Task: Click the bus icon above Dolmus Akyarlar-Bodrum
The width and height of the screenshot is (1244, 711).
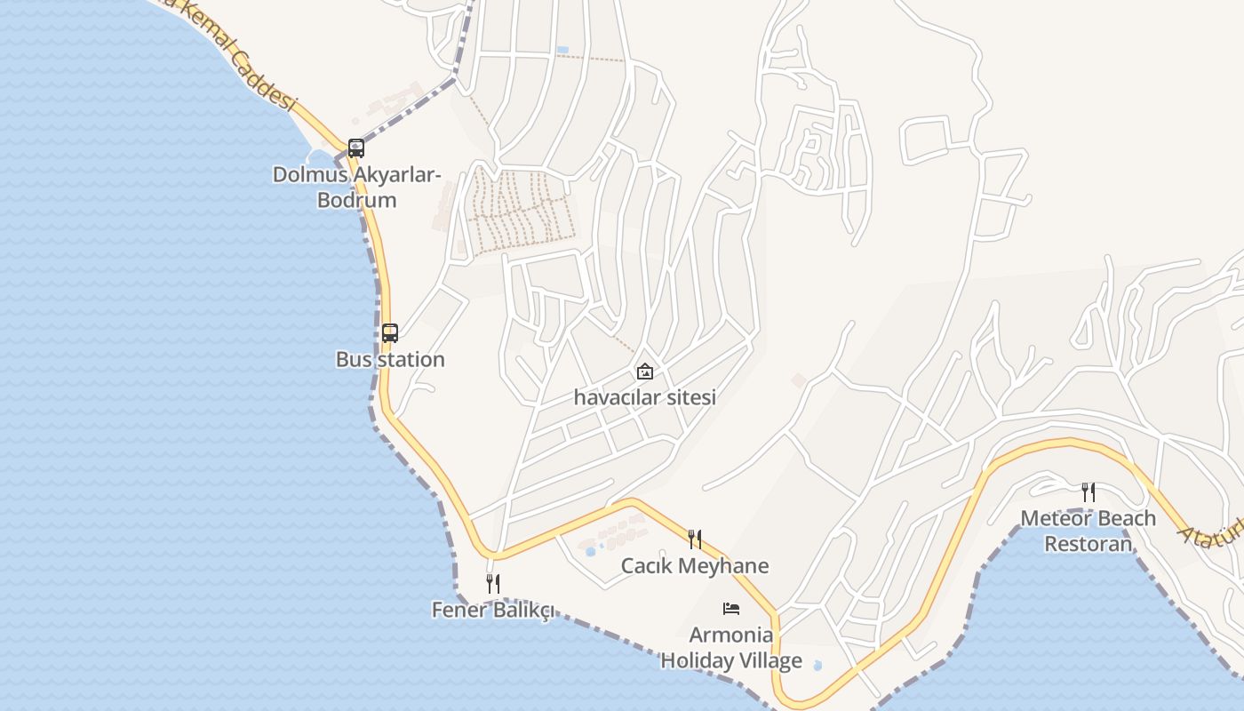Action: (x=356, y=148)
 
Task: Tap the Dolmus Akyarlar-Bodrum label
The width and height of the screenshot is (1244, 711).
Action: (x=357, y=187)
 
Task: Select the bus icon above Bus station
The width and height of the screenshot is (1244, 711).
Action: (x=390, y=333)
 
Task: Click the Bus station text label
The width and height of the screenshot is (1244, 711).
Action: (x=390, y=360)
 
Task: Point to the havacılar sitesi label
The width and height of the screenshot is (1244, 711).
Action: (x=645, y=397)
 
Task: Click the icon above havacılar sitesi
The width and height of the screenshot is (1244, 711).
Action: (x=645, y=371)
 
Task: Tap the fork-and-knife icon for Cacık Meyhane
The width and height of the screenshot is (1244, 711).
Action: (x=695, y=539)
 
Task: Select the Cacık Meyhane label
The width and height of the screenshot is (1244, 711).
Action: (x=695, y=566)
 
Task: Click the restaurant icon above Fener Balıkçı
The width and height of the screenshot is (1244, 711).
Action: (x=493, y=583)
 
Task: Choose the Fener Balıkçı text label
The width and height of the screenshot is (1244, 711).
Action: (x=493, y=610)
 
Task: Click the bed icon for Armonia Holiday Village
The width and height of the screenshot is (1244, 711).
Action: (x=731, y=609)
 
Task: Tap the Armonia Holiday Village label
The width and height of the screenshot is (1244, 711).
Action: (x=731, y=648)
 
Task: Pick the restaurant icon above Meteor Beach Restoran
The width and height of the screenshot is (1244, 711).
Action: (x=1088, y=491)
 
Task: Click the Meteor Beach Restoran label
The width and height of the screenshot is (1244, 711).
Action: (x=1088, y=531)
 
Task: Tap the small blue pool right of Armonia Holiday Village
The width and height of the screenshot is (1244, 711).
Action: (x=817, y=665)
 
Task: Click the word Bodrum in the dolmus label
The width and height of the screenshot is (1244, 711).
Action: (x=357, y=200)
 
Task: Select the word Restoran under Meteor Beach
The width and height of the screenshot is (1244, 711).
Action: (x=1088, y=544)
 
